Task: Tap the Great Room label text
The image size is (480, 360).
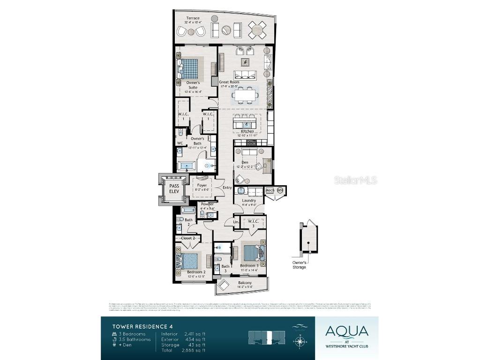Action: click(x=229, y=82)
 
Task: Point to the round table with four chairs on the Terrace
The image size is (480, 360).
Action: click(x=257, y=30)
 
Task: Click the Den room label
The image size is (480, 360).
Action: click(x=245, y=163)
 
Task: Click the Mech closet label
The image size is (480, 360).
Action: click(x=270, y=190)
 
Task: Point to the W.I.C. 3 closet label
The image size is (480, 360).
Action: click(x=254, y=223)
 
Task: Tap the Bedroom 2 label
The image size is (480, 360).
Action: click(x=196, y=272)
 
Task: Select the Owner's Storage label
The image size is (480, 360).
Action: click(x=300, y=265)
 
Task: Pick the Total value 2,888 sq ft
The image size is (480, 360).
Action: click(x=194, y=350)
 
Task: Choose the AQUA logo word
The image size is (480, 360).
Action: click(x=347, y=331)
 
